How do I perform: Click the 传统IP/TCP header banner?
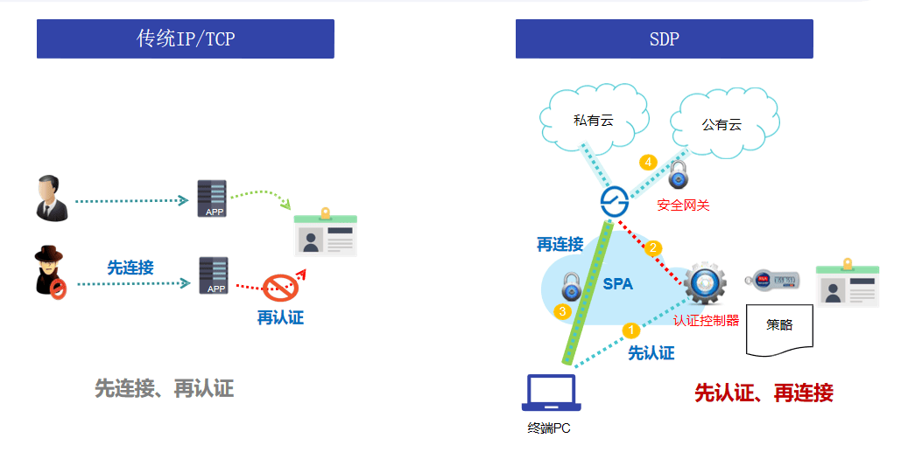tap(185, 39)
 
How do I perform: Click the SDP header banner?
tap(664, 39)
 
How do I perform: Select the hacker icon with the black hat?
tap(49, 272)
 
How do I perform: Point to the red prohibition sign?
tap(282, 285)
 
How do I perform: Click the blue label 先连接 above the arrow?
tap(130, 268)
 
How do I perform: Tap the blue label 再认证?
tap(280, 317)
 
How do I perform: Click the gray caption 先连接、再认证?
tap(165, 388)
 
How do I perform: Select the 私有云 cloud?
tap(594, 121)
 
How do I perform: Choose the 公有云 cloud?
tap(721, 124)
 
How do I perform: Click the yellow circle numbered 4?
tap(648, 163)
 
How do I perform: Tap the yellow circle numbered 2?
tap(652, 248)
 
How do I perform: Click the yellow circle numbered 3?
tap(563, 310)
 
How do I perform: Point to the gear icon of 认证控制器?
tap(705, 282)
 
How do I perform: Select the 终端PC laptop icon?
tap(551, 393)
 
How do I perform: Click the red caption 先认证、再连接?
tap(764, 393)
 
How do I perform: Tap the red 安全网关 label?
tap(683, 205)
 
